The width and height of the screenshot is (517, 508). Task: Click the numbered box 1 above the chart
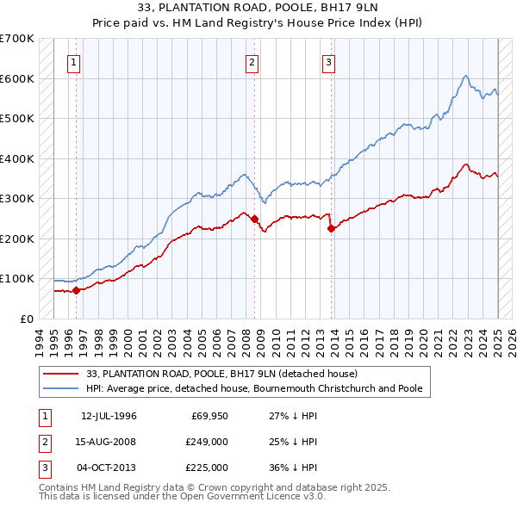pyautogui.click(x=74, y=61)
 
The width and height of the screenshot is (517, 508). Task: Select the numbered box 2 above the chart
pyautogui.click(x=252, y=61)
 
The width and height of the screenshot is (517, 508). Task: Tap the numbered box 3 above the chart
pyautogui.click(x=328, y=61)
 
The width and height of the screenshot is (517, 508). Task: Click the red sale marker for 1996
pyautogui.click(x=76, y=290)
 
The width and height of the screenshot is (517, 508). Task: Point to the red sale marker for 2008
pyautogui.click(x=255, y=219)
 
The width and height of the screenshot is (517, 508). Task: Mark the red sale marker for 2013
pyautogui.click(x=331, y=228)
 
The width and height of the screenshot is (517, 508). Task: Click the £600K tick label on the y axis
pyautogui.click(x=17, y=78)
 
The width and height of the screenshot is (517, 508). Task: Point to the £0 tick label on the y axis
pyautogui.click(x=27, y=319)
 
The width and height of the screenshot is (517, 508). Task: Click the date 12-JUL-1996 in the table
pyautogui.click(x=109, y=416)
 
